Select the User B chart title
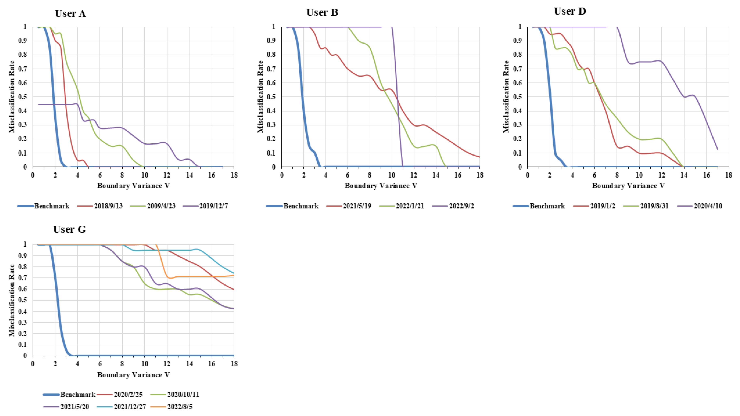pos(322,12)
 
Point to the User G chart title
pos(69,229)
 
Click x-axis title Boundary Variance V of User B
pos(381,186)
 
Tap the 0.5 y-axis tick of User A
pos(25,97)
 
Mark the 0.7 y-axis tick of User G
pos(25,278)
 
